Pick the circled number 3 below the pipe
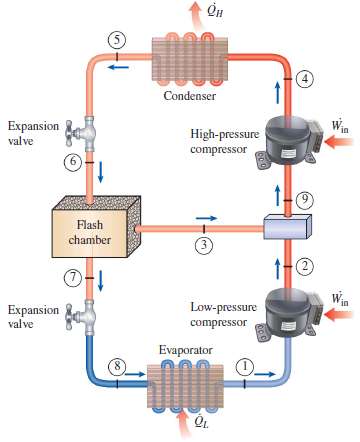203,248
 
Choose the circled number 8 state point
118,367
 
